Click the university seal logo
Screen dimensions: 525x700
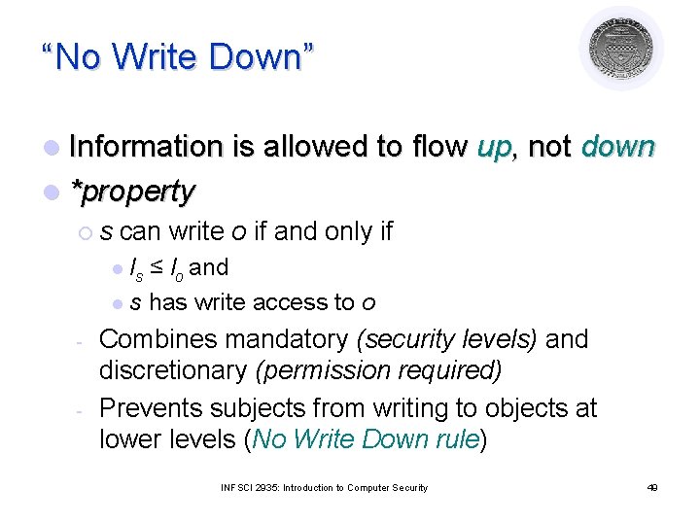coord(621,49)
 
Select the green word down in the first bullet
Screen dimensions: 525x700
coord(618,147)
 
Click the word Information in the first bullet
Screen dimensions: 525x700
coord(146,147)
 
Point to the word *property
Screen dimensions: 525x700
coord(133,192)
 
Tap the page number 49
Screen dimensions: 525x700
coord(652,487)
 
